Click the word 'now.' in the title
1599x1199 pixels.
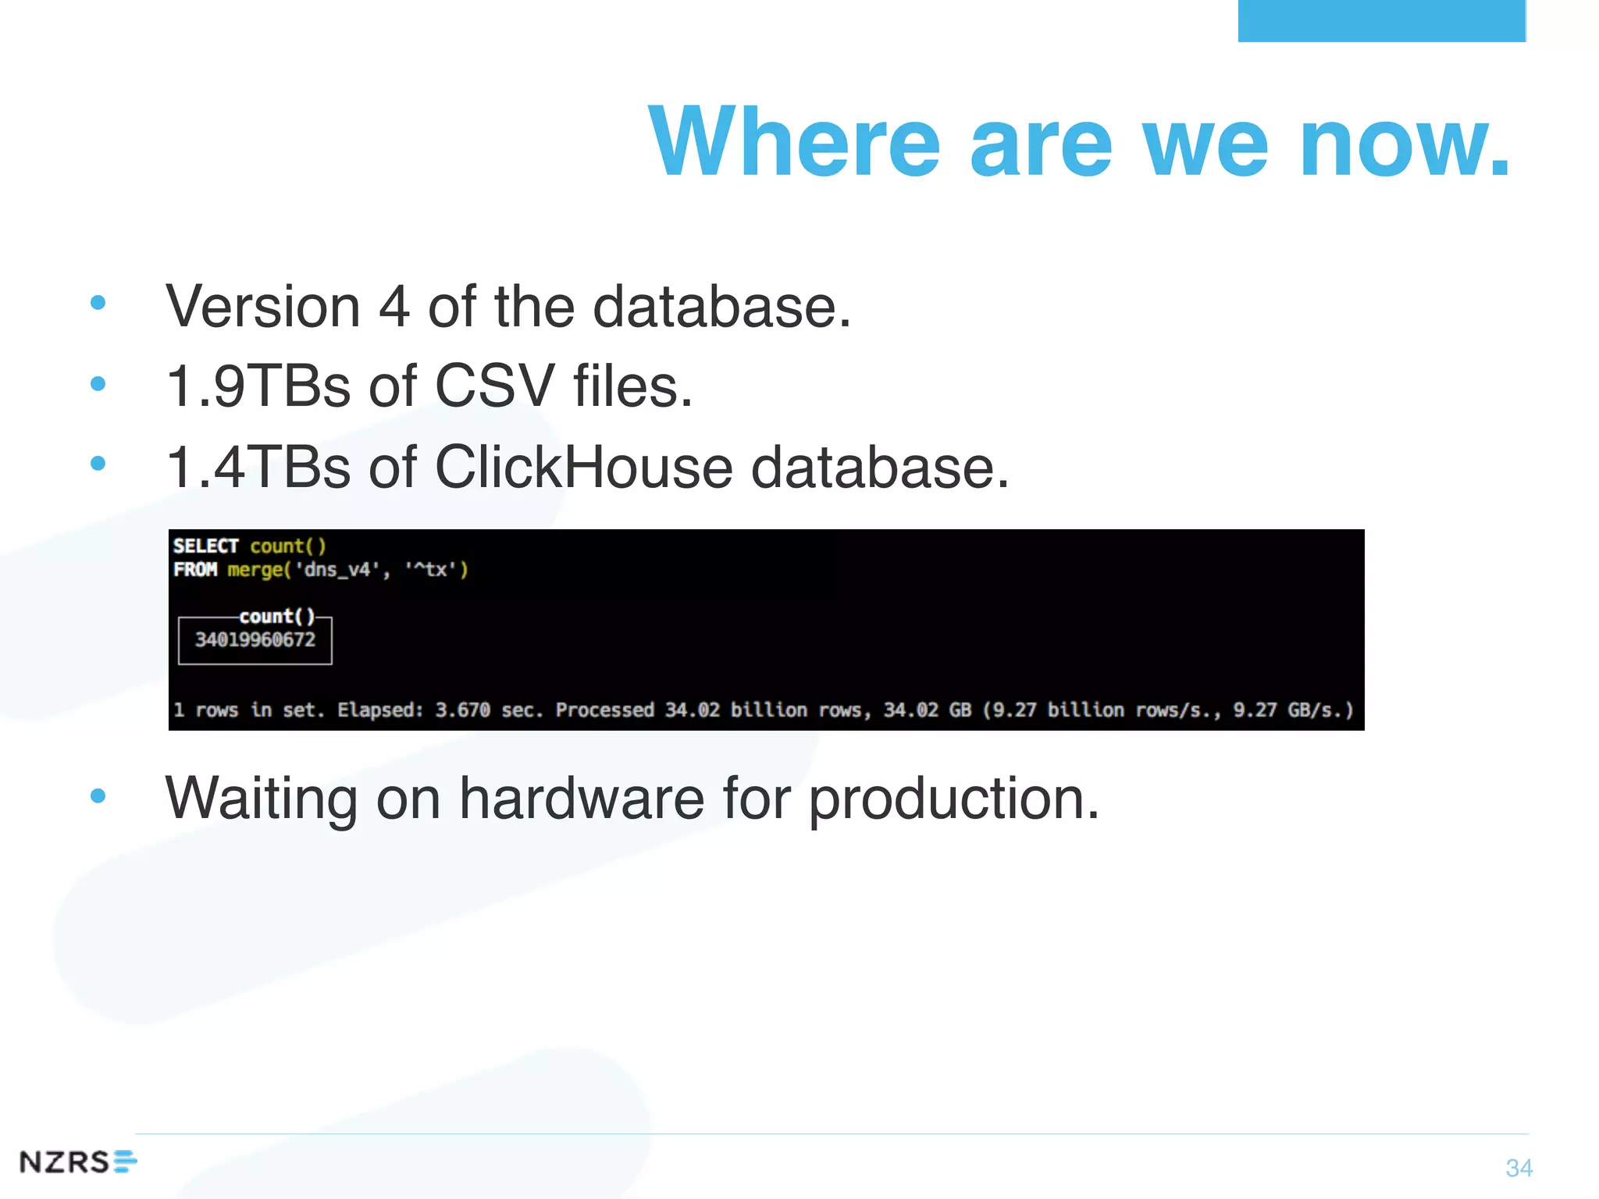coord(1405,143)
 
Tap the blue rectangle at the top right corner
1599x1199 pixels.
coord(1381,20)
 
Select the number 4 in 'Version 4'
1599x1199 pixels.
coord(394,307)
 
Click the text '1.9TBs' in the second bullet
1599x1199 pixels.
coord(258,386)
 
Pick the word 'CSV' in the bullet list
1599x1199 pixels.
coord(494,386)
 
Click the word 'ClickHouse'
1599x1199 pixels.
coord(583,468)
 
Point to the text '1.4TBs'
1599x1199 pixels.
coord(258,468)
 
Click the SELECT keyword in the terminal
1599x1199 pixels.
coord(205,546)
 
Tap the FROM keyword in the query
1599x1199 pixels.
coord(195,569)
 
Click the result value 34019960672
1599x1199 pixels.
coord(255,640)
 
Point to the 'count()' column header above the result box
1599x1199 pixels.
coord(276,617)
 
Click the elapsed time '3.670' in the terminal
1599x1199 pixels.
coord(462,710)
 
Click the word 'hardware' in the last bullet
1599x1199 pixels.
coord(582,799)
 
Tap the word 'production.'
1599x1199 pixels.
coord(953,799)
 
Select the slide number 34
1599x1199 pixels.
coord(1519,1168)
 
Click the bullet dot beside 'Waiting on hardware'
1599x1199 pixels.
coord(98,795)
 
